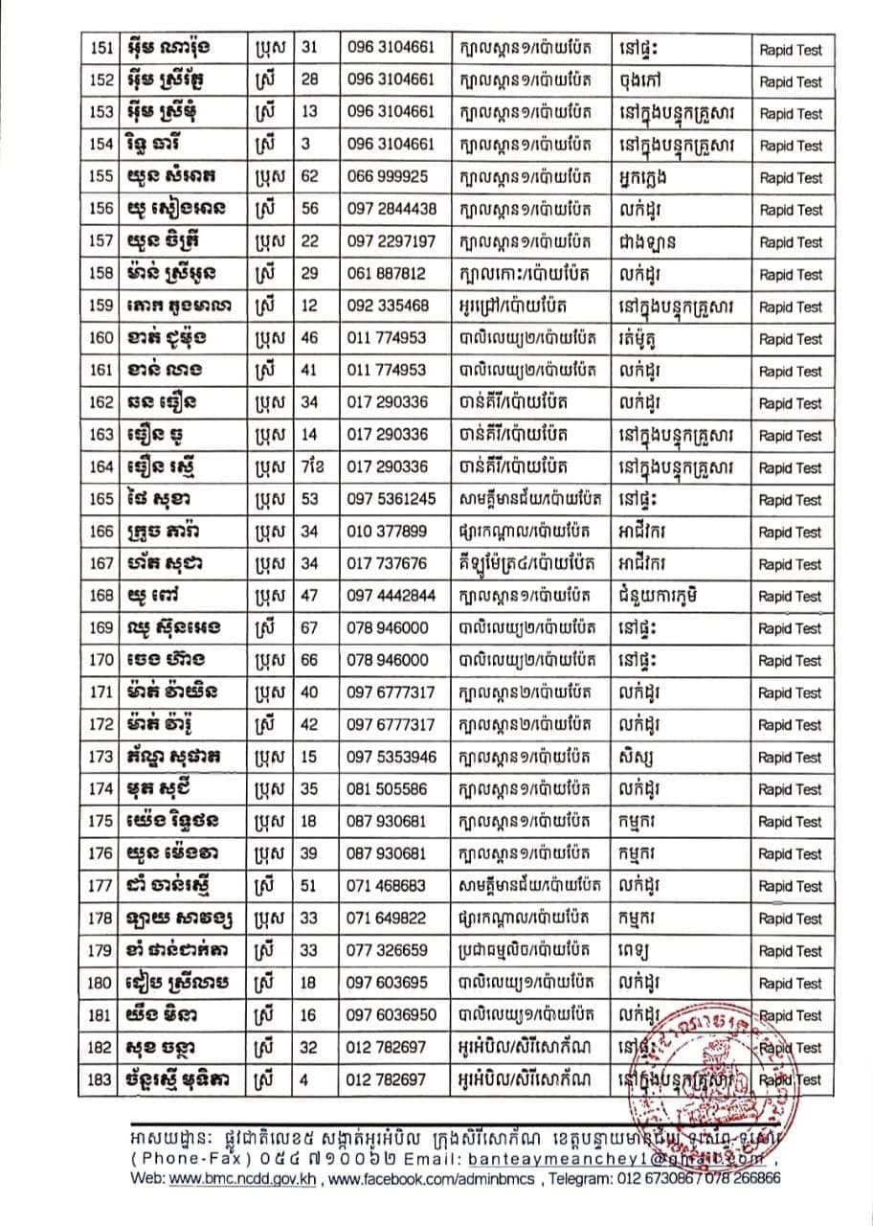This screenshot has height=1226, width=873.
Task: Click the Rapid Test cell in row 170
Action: (790, 661)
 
